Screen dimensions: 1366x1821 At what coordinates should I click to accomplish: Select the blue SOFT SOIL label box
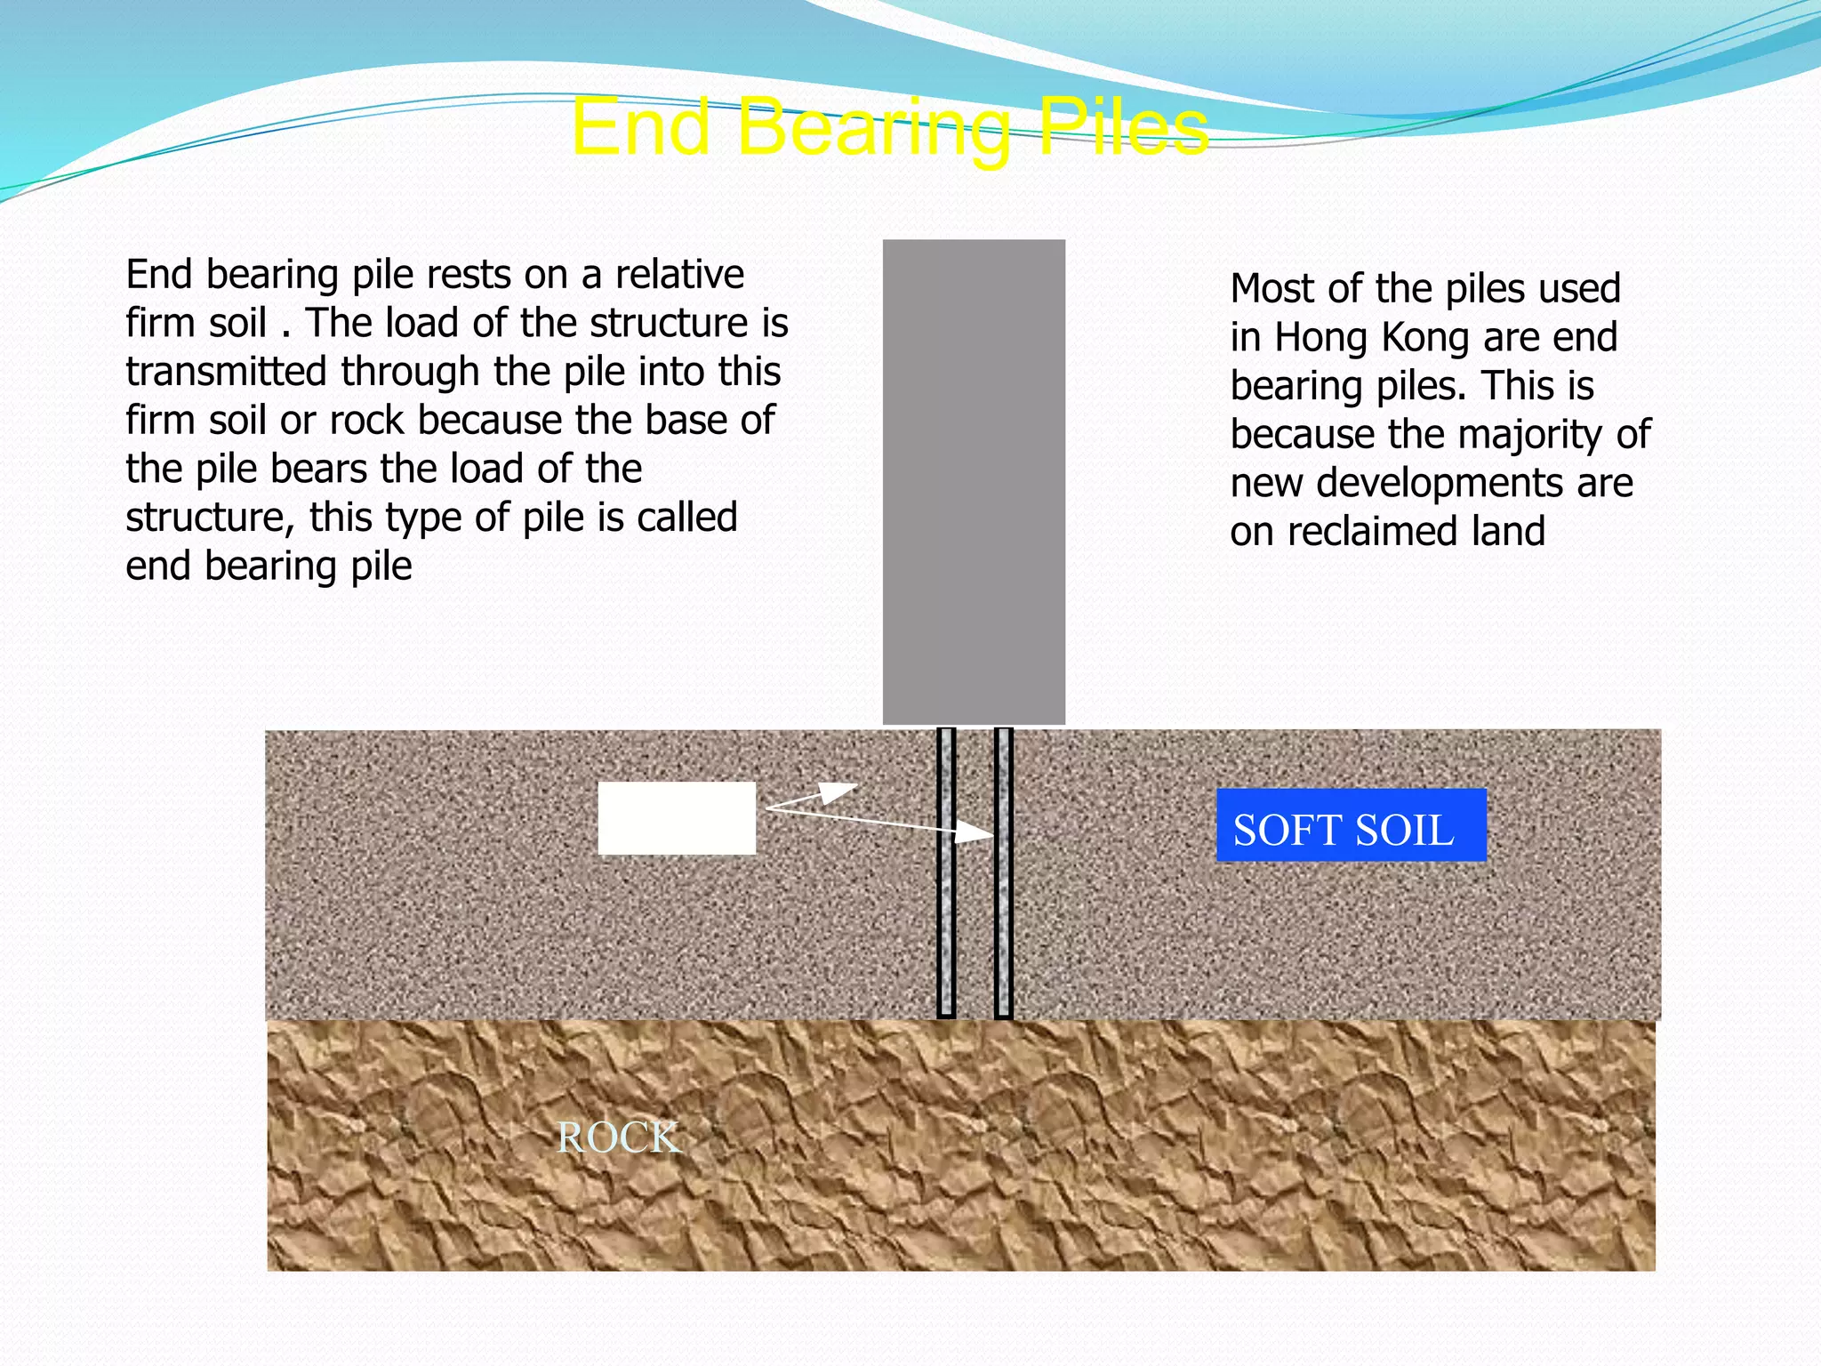[x=1351, y=825]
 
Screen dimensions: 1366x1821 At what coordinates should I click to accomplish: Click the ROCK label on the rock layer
[x=618, y=1138]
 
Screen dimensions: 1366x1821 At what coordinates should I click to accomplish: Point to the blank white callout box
[x=677, y=818]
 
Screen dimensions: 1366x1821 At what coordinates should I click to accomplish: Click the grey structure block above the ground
[x=974, y=481]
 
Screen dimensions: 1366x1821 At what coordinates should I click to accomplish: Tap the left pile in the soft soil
[x=946, y=872]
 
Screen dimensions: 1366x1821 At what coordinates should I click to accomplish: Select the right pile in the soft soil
[x=1003, y=872]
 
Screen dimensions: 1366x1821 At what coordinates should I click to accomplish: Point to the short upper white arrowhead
[x=838, y=790]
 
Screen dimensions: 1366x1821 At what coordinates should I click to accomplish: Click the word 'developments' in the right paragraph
[x=1441, y=484]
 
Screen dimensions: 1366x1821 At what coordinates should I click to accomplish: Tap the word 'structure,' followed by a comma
[x=210, y=518]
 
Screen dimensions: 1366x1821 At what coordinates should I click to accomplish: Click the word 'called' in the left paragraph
[x=685, y=518]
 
